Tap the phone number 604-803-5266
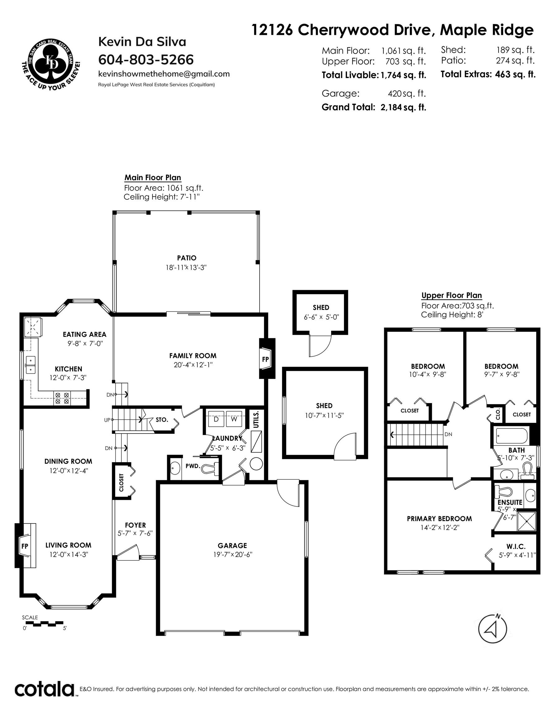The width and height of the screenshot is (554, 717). pyautogui.click(x=146, y=60)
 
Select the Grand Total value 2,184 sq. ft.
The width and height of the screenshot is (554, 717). pyautogui.click(x=403, y=107)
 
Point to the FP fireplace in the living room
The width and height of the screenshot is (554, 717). pyautogui.click(x=25, y=546)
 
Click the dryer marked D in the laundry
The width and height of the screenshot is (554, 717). pyautogui.click(x=216, y=419)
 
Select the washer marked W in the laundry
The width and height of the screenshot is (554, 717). pyautogui.click(x=234, y=419)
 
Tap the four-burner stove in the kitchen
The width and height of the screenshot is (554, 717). pyautogui.click(x=62, y=398)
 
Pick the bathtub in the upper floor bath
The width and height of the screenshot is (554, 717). pyautogui.click(x=511, y=436)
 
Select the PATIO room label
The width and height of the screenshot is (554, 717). pyautogui.click(x=186, y=258)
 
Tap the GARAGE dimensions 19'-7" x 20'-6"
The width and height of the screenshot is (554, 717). pyautogui.click(x=232, y=555)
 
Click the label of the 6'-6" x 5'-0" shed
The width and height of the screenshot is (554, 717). pyautogui.click(x=321, y=307)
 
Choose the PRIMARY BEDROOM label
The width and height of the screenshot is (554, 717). pyautogui.click(x=439, y=519)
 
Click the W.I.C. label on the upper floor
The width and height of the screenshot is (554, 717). pyautogui.click(x=516, y=546)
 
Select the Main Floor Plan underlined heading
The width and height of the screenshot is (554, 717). pyautogui.click(x=153, y=178)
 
